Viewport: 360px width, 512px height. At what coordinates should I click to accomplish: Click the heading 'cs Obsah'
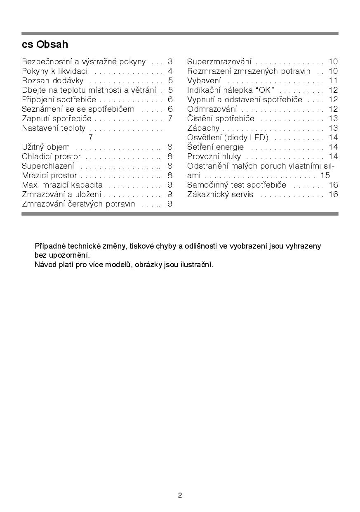[x=45, y=44]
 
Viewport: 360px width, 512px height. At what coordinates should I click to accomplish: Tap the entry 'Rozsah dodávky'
[x=52, y=81]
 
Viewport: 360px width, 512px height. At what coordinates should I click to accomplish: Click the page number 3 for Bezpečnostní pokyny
[x=170, y=62]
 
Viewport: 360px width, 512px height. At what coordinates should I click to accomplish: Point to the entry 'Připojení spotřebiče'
[x=59, y=100]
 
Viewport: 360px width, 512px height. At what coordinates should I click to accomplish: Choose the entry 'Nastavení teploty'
[x=54, y=128]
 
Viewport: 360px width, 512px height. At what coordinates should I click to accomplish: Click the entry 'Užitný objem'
[x=46, y=147]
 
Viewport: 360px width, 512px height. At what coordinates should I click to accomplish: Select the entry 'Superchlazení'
[x=48, y=166]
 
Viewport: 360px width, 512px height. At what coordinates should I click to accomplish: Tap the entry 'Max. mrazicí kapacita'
[x=62, y=185]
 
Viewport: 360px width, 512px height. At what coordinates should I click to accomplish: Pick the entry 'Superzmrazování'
[x=219, y=62]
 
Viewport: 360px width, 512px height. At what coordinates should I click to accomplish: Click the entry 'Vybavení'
[x=204, y=81]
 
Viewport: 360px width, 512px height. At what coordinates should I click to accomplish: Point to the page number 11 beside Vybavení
[x=333, y=81]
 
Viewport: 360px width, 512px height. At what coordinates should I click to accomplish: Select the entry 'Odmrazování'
[x=212, y=109]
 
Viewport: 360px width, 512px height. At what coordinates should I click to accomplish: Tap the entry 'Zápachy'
[x=203, y=128]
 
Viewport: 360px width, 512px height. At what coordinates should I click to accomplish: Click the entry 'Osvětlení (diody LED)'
[x=228, y=138]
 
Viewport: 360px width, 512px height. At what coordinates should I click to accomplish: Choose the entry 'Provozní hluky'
[x=214, y=157]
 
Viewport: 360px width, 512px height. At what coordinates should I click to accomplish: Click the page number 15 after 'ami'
[x=325, y=176]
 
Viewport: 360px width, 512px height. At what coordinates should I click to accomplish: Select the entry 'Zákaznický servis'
[x=220, y=195]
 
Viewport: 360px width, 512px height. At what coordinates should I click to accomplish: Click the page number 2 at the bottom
[x=180, y=496]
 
